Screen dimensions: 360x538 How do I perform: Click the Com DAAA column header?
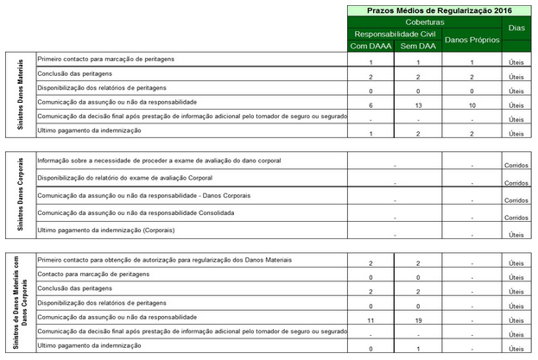[370, 45]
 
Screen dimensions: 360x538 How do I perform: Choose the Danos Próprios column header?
[471, 40]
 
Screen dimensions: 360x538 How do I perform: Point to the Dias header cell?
[516, 28]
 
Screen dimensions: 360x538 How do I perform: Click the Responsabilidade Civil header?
[393, 33]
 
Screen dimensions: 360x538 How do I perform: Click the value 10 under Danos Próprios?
[472, 104]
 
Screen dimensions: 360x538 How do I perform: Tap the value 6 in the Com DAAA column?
[370, 104]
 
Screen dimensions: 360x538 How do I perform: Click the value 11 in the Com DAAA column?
[370, 320]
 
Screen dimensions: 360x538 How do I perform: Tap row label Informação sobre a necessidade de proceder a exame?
[160, 161]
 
